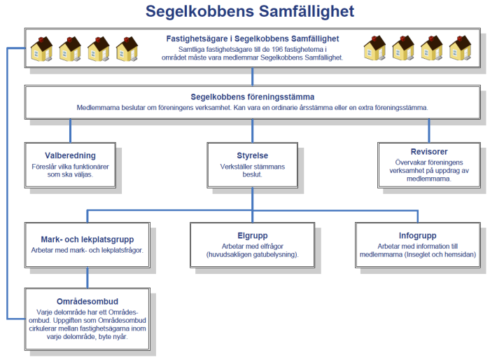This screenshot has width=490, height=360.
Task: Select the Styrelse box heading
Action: click(252, 155)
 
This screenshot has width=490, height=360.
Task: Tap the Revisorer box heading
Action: click(430, 151)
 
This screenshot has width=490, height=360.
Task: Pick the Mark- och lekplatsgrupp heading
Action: click(87, 239)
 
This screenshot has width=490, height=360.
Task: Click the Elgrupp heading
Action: click(253, 235)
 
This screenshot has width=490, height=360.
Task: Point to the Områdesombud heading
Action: click(87, 301)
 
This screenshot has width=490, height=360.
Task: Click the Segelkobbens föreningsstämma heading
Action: click(252, 97)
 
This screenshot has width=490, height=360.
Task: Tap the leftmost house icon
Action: click(41, 48)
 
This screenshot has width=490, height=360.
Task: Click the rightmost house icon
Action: click(460, 48)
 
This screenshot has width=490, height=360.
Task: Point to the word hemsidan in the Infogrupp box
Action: click(460, 254)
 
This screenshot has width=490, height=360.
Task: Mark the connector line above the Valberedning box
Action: click(70, 131)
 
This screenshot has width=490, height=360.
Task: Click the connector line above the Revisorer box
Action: click(430, 131)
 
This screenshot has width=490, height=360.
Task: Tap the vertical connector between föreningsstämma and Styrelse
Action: click(252, 131)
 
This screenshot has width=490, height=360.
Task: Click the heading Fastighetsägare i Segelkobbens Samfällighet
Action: click(253, 38)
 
